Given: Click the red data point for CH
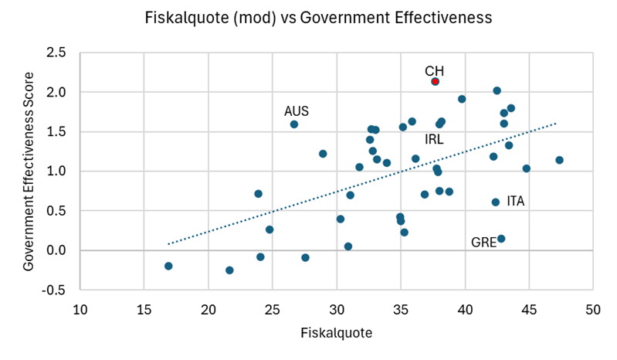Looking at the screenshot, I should pos(435,81).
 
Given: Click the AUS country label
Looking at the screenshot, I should pos(297,111).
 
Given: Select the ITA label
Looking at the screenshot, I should pos(516,201).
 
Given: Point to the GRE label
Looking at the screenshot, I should pos(483,243).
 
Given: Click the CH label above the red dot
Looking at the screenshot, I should pos(435,71).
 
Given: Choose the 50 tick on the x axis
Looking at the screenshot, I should pos(593,310).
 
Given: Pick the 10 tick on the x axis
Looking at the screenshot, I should pos(80,310).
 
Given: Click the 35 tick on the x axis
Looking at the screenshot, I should pos(400,310).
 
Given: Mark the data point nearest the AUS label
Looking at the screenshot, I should pos(294,124).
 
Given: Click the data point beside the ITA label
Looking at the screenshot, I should pos(496,202).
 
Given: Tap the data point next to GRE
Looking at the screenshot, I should pos(501,239).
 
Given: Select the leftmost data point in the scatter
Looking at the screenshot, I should pos(168,266).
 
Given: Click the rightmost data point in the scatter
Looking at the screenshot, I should pos(559,160).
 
